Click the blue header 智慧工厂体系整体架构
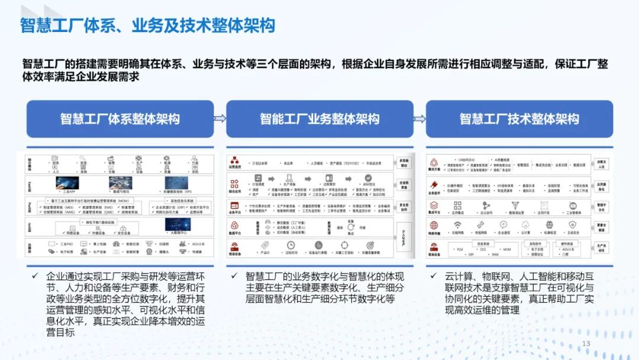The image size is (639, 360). [120, 119]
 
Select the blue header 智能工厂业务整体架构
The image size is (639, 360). [319, 119]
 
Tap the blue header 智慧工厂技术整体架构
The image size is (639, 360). [519, 119]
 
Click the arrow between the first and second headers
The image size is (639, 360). [220, 118]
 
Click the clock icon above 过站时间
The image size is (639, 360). [291, 245]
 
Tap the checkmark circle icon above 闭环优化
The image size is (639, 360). [367, 178]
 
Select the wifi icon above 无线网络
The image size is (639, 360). [457, 225]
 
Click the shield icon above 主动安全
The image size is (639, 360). [572, 225]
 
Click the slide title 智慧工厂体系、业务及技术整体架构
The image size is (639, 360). [148, 26]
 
